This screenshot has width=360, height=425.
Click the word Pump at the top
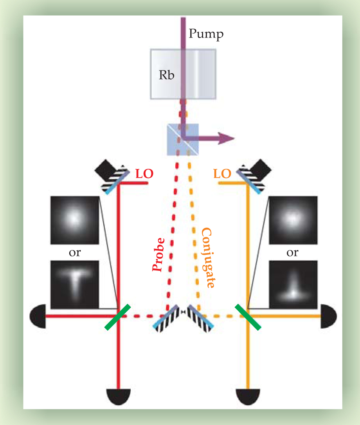pyautogui.click(x=206, y=34)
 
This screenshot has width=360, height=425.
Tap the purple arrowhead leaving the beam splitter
pyautogui.click(x=226, y=138)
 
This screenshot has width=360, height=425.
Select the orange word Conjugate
pyautogui.click(x=208, y=259)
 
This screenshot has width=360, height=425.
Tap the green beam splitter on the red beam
pyautogui.click(x=117, y=317)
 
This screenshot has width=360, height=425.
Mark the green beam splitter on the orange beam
pyautogui.click(x=248, y=317)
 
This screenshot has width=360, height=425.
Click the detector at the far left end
pyautogui.click(x=38, y=315)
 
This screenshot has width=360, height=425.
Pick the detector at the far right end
pyautogui.click(x=328, y=315)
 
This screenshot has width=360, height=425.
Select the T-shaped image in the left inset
pyautogui.click(x=75, y=284)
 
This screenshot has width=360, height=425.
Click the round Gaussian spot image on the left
pyautogui.click(x=75, y=220)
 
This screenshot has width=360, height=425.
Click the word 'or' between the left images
pyautogui.click(x=75, y=253)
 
